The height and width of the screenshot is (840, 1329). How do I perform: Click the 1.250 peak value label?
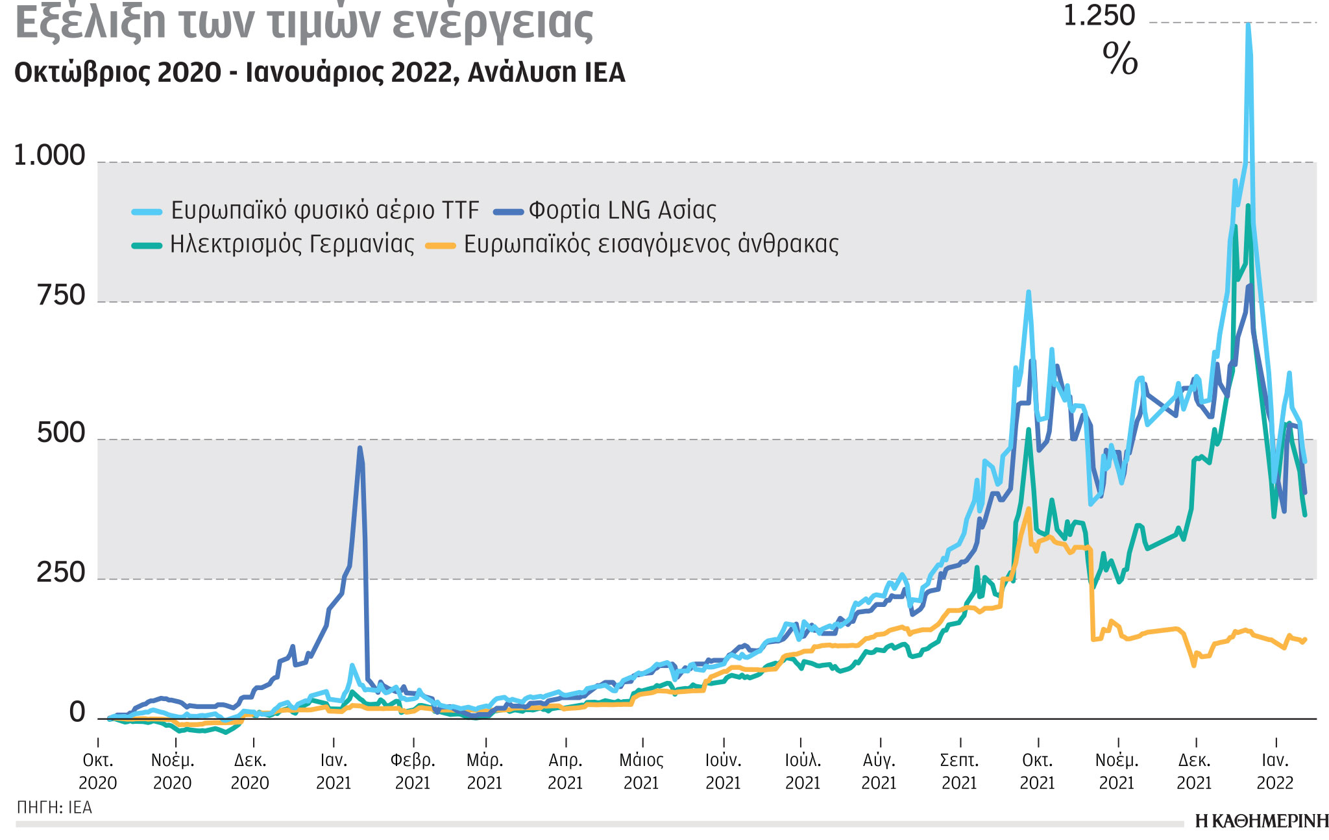coord(1099,16)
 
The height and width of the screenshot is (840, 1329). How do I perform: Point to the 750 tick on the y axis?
coord(61,296)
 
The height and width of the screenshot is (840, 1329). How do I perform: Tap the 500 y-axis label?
coord(61,433)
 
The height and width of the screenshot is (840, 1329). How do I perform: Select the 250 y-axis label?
coord(61,573)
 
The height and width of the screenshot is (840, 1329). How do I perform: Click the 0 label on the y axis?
coord(77,713)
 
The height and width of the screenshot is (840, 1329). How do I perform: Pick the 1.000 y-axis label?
coord(50,156)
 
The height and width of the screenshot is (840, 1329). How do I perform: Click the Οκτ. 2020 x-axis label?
coord(98,771)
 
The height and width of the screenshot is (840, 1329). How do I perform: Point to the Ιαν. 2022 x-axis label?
coord(1275,771)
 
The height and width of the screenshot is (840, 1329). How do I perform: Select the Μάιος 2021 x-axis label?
coord(642,771)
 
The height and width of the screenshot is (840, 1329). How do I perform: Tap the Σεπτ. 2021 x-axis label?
coord(960,771)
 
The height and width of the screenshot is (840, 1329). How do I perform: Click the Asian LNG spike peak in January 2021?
coord(360,448)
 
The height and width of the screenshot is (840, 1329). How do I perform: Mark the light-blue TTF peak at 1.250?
coord(1248,25)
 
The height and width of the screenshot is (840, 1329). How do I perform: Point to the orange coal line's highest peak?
coord(1029,509)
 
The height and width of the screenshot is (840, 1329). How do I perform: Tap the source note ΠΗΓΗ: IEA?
coord(55,808)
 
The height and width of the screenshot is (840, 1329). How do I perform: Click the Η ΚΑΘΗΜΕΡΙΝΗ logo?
coord(1261,821)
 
